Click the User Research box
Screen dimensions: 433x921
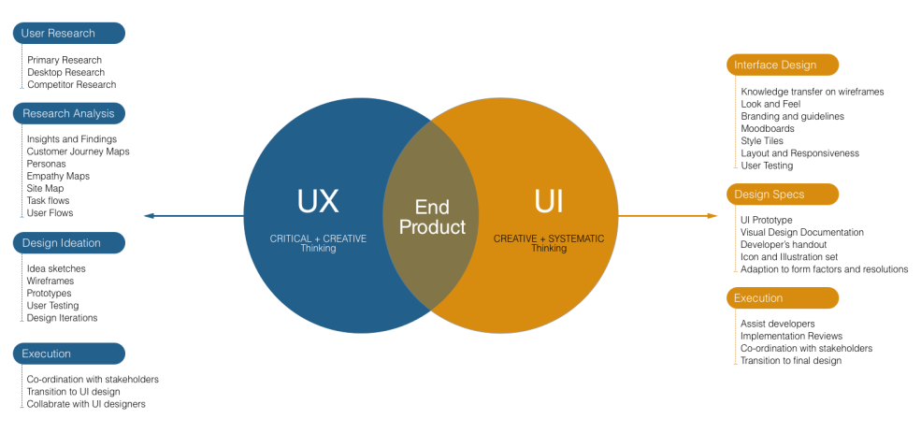point(68,34)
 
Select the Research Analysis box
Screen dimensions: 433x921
point(68,114)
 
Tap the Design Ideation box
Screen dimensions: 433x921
point(68,243)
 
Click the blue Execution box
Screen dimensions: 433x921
point(68,354)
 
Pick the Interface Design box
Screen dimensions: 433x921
point(783,65)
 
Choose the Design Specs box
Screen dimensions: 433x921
point(783,195)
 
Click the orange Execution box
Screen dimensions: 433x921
point(783,298)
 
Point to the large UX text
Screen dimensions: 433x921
point(318,201)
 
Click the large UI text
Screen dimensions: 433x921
point(549,201)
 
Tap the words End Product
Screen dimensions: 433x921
point(432,217)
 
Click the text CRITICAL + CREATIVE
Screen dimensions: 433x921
point(318,238)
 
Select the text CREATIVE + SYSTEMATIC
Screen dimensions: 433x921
point(549,238)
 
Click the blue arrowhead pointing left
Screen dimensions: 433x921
point(148,216)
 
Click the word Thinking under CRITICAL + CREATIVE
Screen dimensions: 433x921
point(318,249)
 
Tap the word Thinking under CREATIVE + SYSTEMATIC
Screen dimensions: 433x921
point(549,249)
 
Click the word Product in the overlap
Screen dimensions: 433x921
point(432,227)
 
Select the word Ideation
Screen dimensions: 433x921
point(80,243)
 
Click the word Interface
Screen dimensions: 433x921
point(756,65)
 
